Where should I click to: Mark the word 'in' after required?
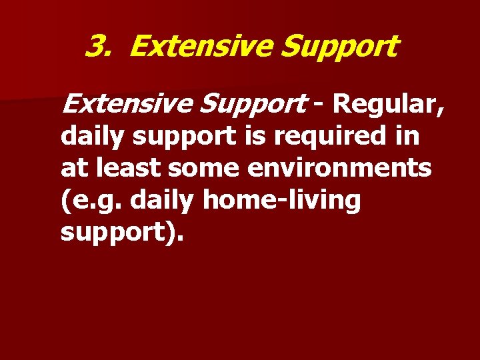[408, 136]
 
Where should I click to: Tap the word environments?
[339, 168]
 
